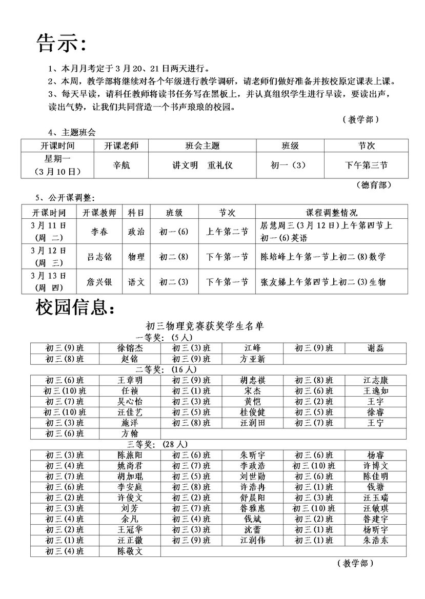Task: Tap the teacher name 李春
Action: [x=99, y=232]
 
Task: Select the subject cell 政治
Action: [x=136, y=232]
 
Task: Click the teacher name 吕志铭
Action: [x=99, y=257]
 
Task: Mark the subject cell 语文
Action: [x=136, y=282]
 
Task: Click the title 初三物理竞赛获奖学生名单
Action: [x=205, y=326]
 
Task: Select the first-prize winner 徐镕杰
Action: [x=130, y=348]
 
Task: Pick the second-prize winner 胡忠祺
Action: [x=253, y=380]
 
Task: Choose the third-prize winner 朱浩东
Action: [x=376, y=540]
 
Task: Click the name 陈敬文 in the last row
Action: [x=130, y=551]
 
